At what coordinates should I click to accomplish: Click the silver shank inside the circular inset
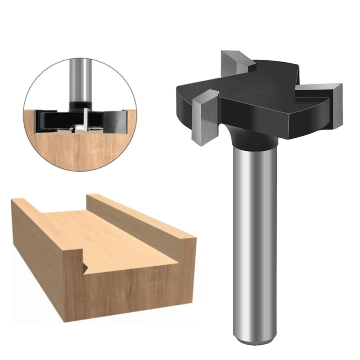81,79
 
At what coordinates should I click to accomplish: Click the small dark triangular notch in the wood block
85,267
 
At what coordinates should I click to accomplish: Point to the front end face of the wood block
131,292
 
